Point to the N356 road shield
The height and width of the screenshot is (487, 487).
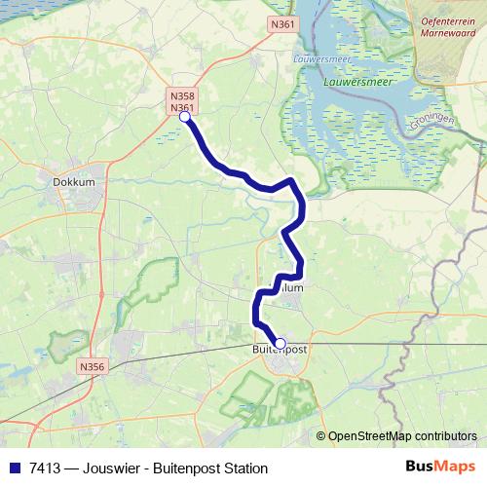click(91, 366)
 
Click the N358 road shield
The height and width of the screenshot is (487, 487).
click(182, 97)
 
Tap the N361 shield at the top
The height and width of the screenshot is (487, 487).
click(282, 23)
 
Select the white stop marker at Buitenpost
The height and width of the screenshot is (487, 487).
click(280, 343)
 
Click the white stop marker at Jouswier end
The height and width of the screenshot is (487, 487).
click(184, 117)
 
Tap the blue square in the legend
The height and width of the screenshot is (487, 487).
click(15, 468)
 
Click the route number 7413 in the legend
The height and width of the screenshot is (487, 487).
click(48, 468)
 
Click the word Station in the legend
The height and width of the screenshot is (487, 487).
click(243, 468)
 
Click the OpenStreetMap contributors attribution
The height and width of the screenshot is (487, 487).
click(402, 436)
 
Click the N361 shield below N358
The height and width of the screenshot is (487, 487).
click(182, 109)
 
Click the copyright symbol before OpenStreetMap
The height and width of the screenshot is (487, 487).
click(320, 436)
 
